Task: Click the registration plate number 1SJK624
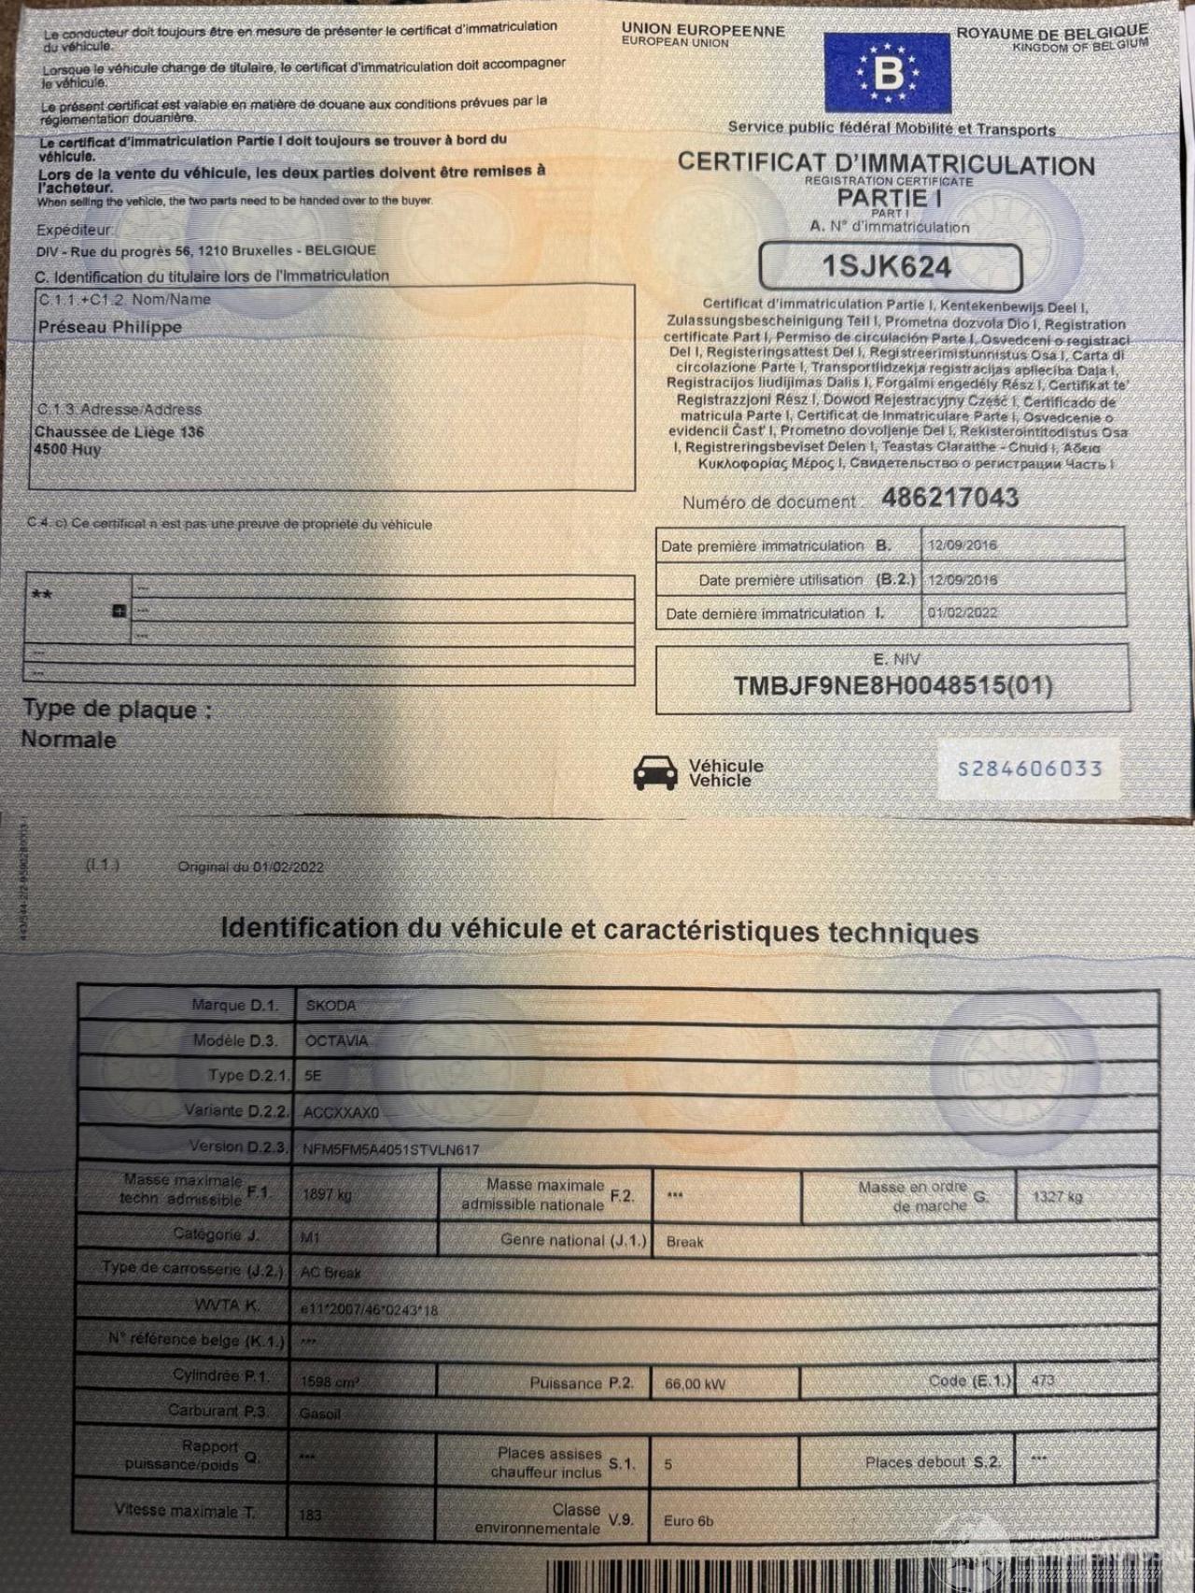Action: [886, 267]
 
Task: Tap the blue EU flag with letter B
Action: [886, 73]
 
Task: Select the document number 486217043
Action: [949, 498]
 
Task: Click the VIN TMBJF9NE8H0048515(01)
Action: [892, 686]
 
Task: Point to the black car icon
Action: [655, 772]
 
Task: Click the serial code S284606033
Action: [1029, 769]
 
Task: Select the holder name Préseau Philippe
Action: [110, 328]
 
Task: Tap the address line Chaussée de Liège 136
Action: [119, 432]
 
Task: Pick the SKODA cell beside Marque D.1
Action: [330, 1006]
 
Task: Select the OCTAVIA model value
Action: [336, 1041]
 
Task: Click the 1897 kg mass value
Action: [327, 1194]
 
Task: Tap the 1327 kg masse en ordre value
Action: [1057, 1197]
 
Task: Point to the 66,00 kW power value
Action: [695, 1384]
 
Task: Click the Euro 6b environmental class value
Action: [688, 1521]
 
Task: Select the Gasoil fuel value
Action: [319, 1414]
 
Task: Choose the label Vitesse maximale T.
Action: [184, 1511]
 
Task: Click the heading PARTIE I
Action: [889, 198]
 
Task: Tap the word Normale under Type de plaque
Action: [69, 740]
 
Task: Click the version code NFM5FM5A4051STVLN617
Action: [390, 1150]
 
